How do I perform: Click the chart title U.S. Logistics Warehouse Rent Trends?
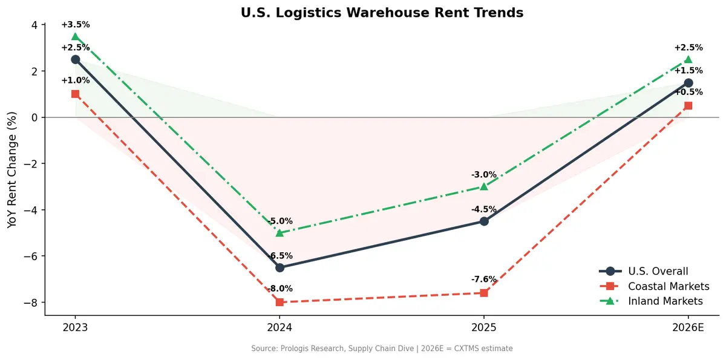(x=382, y=13)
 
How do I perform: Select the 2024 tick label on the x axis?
(x=280, y=329)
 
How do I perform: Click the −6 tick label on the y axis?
(x=29, y=256)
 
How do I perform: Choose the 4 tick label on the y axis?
(x=34, y=25)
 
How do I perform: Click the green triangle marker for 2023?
(x=75, y=36)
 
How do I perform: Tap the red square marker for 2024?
(x=280, y=302)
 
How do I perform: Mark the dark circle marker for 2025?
(x=484, y=221)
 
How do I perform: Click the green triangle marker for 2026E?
(x=688, y=59)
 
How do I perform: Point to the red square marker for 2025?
(x=484, y=293)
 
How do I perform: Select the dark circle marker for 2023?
(x=75, y=59)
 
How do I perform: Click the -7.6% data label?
(x=484, y=280)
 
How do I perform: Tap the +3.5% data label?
(x=75, y=25)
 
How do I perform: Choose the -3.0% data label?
(x=484, y=175)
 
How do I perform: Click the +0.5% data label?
(x=688, y=93)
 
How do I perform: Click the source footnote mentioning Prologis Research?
(x=382, y=349)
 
